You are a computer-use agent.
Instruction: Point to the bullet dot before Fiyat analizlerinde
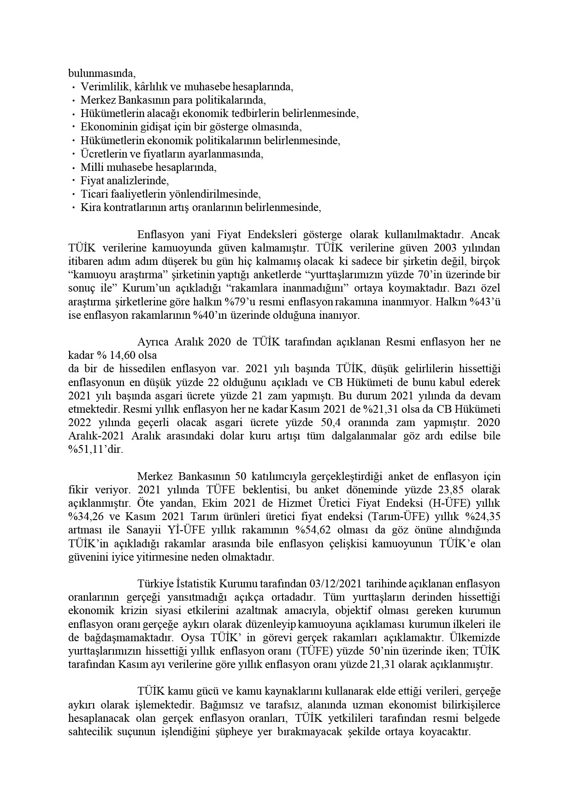point(74,181)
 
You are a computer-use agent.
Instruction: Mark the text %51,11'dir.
point(95,450)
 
